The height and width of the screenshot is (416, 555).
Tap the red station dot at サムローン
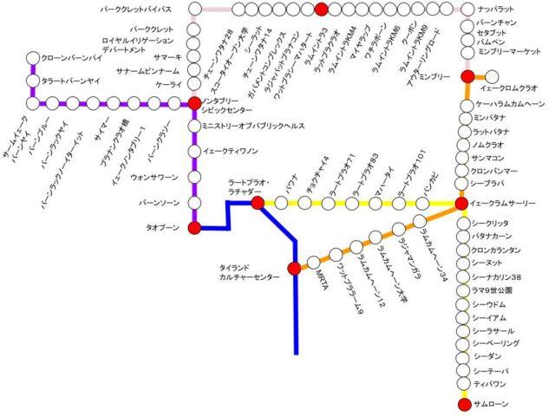(x=462, y=404)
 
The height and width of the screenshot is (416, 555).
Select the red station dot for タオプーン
(x=194, y=228)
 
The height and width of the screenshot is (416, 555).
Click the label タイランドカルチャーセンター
(x=251, y=274)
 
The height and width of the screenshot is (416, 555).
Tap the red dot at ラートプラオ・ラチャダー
(x=258, y=203)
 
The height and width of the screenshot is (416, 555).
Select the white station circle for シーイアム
(x=462, y=319)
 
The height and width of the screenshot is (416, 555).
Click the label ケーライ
(x=168, y=86)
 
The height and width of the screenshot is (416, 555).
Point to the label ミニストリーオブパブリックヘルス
(x=254, y=126)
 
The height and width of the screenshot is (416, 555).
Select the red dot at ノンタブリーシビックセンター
(x=194, y=104)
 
